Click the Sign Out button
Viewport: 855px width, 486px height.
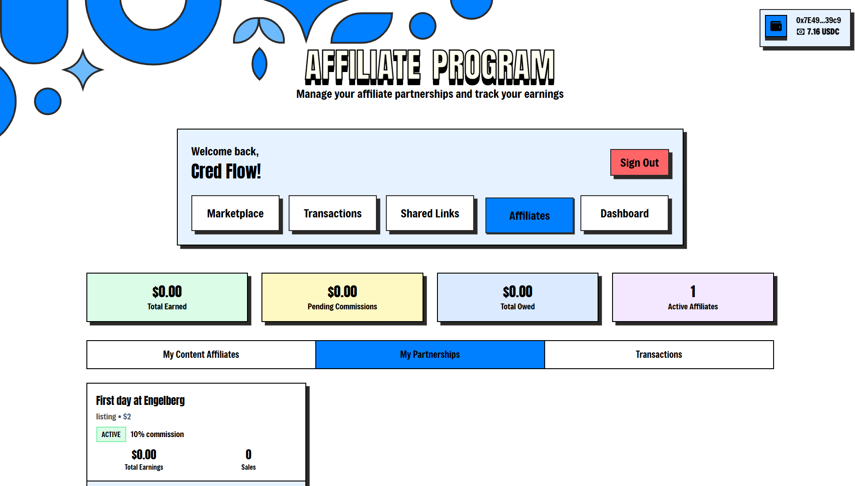[639, 163]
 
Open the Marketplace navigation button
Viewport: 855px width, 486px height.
[235, 213]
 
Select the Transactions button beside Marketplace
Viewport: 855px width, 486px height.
[332, 213]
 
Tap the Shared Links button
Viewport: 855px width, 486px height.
[430, 213]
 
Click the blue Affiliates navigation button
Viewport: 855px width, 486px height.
[529, 216]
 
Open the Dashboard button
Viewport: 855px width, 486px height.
[624, 213]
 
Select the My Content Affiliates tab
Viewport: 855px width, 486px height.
[201, 355]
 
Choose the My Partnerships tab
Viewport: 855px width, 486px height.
[430, 355]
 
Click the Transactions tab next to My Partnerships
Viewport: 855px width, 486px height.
[659, 355]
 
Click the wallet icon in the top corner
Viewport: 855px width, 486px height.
[776, 26]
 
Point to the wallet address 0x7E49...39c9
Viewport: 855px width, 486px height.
[818, 20]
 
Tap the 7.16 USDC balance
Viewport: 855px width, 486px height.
[823, 32]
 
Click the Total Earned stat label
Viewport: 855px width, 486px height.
[167, 307]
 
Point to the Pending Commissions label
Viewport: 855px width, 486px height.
[342, 307]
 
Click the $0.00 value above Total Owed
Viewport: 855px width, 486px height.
[518, 292]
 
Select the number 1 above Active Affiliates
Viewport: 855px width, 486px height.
[693, 292]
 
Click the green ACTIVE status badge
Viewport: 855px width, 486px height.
[111, 434]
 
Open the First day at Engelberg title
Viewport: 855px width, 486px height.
[140, 400]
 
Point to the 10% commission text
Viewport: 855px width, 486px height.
[157, 434]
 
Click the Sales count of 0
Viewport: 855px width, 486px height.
[248, 454]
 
